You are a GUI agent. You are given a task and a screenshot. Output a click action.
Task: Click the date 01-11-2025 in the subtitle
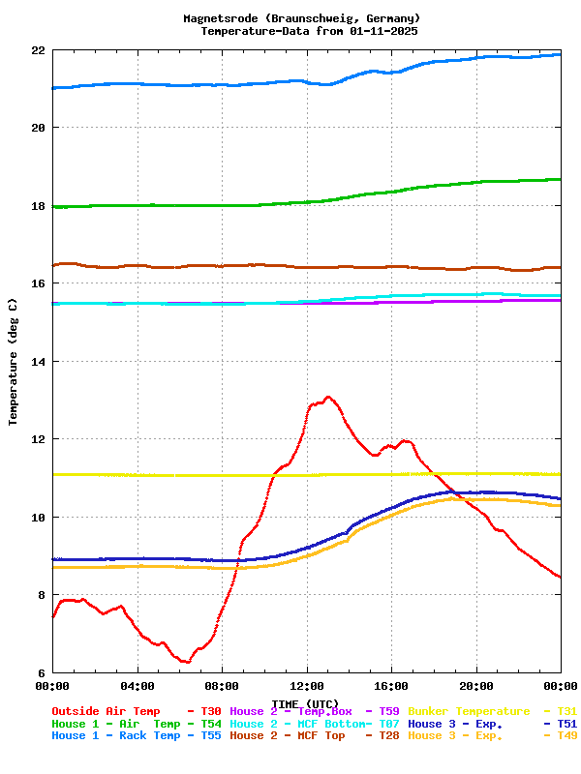[x=383, y=31]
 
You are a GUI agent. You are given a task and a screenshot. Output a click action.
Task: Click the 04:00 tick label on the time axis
[x=138, y=687]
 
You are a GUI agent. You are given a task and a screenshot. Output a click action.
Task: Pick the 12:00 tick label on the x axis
[x=307, y=687]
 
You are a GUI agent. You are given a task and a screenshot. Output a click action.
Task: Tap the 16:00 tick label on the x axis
[x=391, y=687]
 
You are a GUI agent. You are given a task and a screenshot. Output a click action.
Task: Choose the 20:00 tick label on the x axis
[x=476, y=687]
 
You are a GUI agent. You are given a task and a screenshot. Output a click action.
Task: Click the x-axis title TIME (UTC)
[x=305, y=703]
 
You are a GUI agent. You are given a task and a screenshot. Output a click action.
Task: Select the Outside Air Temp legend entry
[x=106, y=711]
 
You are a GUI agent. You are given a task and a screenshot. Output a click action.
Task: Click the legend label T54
[x=210, y=724]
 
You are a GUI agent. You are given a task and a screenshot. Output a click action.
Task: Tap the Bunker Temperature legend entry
[x=469, y=711]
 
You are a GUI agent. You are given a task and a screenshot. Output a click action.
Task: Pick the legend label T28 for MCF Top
[x=388, y=736]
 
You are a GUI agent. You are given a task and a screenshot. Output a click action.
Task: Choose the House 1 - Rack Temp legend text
[x=115, y=736]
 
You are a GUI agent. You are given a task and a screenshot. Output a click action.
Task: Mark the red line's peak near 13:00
[x=328, y=397]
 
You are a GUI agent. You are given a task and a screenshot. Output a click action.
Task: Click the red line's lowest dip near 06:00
[x=187, y=663]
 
